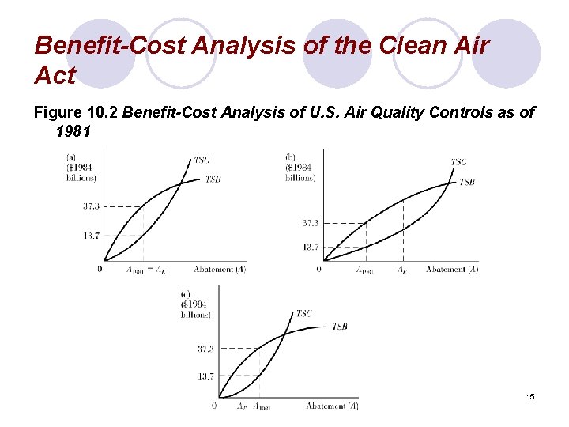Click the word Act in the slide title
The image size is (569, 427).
pos(55,77)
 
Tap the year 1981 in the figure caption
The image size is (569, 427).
pos(74,131)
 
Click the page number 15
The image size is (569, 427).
pos(530,395)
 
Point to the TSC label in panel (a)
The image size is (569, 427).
pos(202,161)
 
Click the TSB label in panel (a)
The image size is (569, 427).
pos(213,180)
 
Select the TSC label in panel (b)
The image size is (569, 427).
pos(458,162)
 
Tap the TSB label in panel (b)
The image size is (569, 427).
pos(466,182)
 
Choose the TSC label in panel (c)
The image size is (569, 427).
pos(303,314)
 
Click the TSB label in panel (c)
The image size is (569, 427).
pos(339,327)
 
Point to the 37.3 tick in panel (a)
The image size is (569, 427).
pos(91,206)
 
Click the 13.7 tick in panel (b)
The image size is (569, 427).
pos(311,248)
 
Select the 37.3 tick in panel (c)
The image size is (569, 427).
pos(205,349)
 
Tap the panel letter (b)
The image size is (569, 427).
pos(291,157)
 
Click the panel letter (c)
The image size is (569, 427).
pos(187,293)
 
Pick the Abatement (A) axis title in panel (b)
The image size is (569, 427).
pos(452,270)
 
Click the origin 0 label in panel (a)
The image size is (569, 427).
pos(100,269)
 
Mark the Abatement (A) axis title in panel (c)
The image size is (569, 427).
pos(332,406)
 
